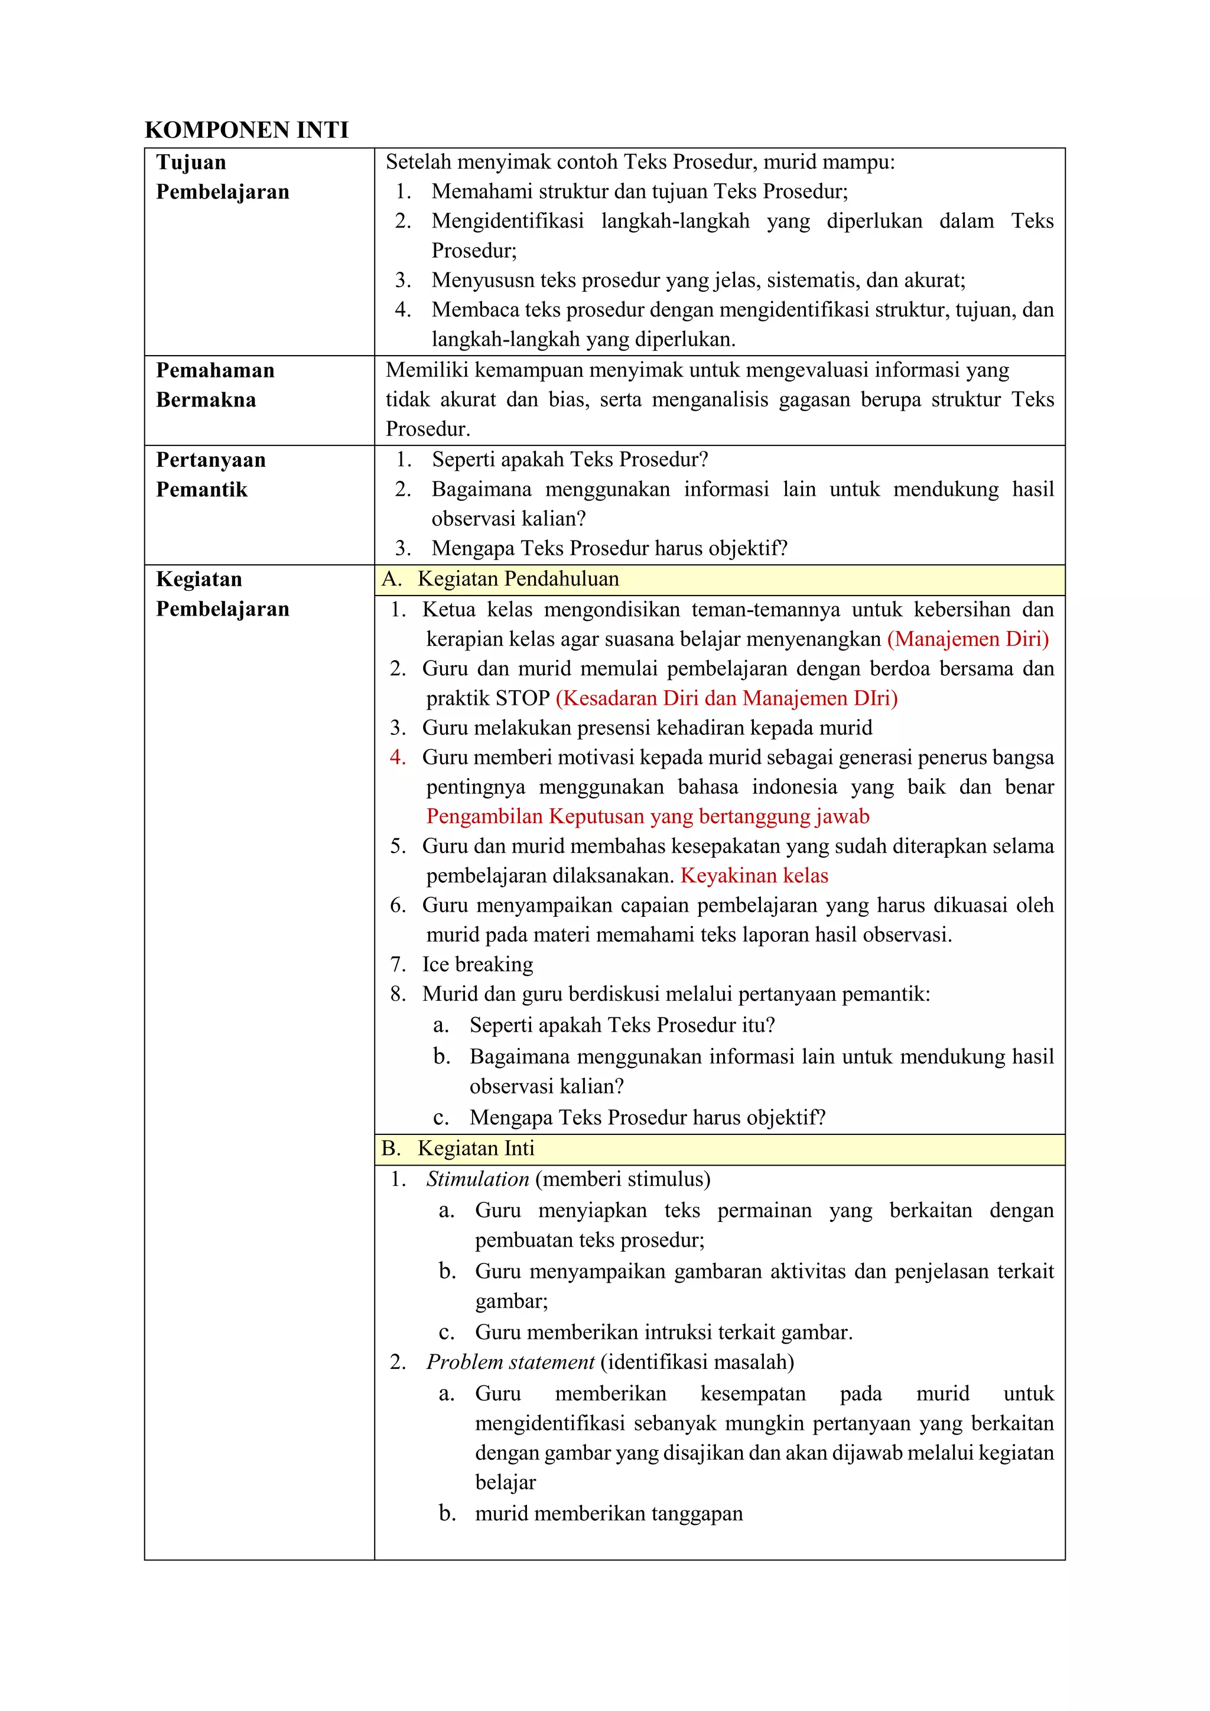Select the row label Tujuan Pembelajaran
(x=222, y=177)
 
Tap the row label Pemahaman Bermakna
(x=214, y=385)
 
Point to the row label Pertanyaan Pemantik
(x=210, y=474)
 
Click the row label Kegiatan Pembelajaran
(x=222, y=593)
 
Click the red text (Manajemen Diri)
(x=967, y=639)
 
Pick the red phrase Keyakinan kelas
(x=754, y=876)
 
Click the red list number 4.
(x=398, y=757)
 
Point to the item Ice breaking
(x=477, y=964)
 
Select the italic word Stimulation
(x=477, y=1179)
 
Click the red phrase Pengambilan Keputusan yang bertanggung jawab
(x=648, y=816)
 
